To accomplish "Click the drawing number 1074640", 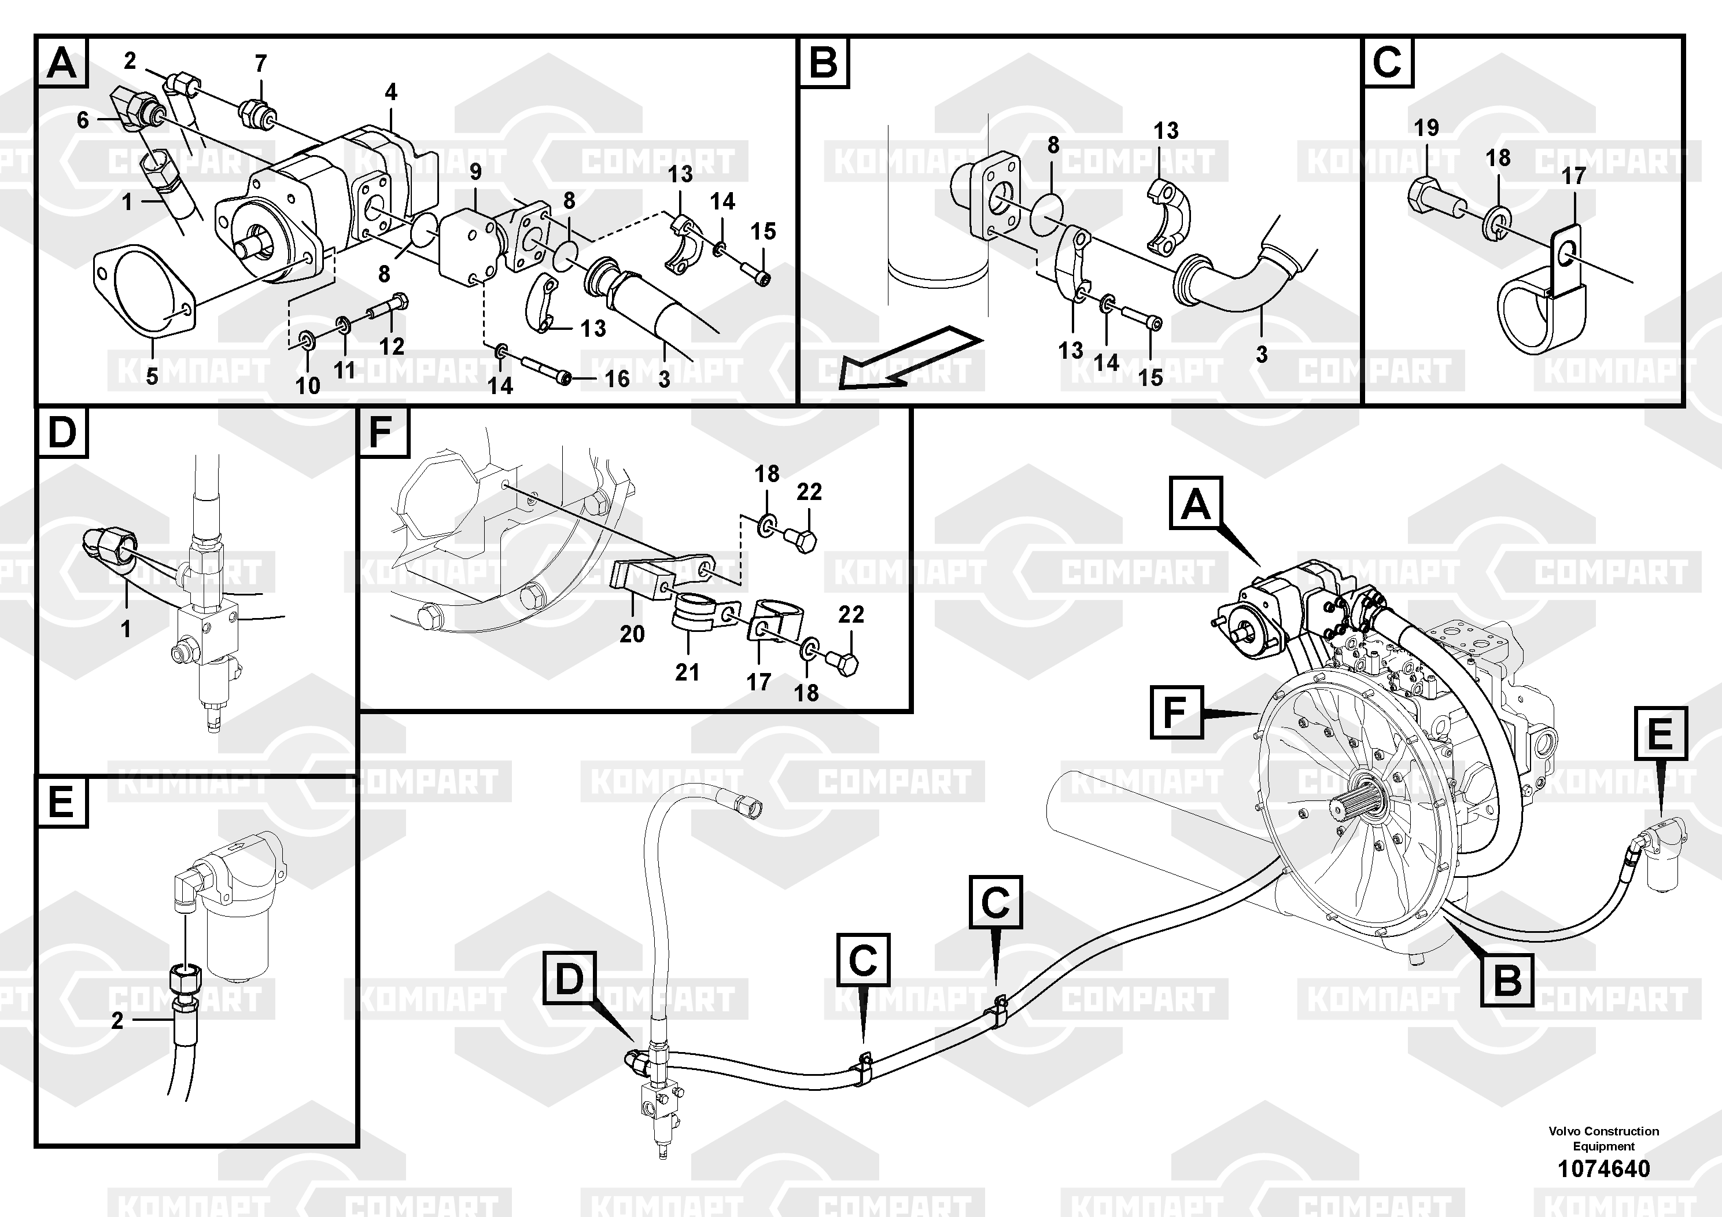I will click(x=1603, y=1169).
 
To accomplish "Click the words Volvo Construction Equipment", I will click(x=1603, y=1138).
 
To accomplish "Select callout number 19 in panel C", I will click(x=1426, y=127).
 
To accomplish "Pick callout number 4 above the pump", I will click(x=391, y=92).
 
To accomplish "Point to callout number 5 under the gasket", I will click(x=152, y=376).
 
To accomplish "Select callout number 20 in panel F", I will click(x=632, y=634).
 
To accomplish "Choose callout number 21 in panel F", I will click(x=687, y=671).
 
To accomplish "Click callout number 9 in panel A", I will click(x=475, y=172).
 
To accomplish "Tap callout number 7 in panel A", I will click(x=260, y=64).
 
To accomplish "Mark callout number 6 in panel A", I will click(x=83, y=119).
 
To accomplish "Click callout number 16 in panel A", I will click(x=617, y=379).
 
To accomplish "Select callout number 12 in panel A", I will click(x=392, y=346).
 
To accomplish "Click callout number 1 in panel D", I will click(x=126, y=629).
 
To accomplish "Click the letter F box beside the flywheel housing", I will click(x=1176, y=712).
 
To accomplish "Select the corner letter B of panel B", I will click(x=824, y=61).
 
